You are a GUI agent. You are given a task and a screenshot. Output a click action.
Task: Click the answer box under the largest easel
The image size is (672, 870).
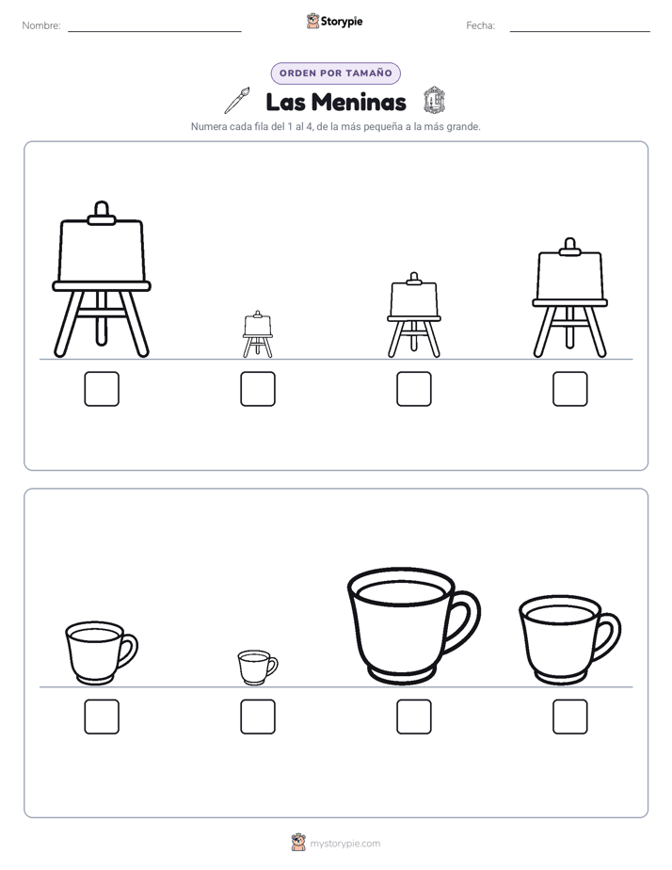[x=102, y=388]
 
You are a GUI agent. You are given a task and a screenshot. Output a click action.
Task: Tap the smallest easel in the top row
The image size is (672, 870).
[x=257, y=333]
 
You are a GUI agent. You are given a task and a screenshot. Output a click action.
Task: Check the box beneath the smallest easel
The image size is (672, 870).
[x=258, y=388]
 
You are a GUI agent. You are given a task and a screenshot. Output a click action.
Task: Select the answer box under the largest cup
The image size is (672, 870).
[x=413, y=717]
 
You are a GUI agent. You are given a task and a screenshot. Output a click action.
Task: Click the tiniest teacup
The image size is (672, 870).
[x=257, y=668]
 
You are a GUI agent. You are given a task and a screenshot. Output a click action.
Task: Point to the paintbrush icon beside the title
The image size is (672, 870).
[x=237, y=101]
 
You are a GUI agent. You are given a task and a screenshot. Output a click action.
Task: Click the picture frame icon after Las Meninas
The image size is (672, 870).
[x=434, y=101]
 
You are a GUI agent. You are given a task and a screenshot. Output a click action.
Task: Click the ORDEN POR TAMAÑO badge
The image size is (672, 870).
[x=335, y=73]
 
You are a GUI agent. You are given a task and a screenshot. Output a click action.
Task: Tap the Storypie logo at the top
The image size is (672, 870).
[x=334, y=22]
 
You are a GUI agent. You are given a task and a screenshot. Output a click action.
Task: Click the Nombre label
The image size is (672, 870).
[x=41, y=25]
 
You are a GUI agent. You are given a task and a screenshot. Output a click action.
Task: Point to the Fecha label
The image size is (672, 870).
[x=480, y=25]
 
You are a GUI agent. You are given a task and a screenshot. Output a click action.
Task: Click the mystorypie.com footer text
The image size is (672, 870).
[x=344, y=844]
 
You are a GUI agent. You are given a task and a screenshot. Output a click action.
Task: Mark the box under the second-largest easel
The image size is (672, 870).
[x=570, y=388]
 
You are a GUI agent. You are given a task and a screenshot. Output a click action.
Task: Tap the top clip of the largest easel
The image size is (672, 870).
[x=102, y=213]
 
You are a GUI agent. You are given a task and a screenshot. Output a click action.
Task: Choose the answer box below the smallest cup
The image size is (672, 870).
[x=258, y=717]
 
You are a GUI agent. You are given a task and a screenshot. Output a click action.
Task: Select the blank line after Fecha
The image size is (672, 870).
[x=580, y=31]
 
